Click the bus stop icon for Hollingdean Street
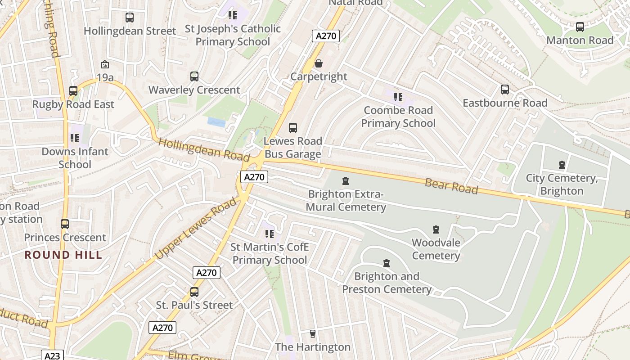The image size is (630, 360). [130, 18]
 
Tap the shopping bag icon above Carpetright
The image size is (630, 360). [319, 63]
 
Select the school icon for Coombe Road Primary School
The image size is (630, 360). [398, 97]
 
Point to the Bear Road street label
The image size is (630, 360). [451, 186]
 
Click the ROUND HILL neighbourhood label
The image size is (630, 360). [63, 255]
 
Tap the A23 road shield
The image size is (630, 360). [52, 355]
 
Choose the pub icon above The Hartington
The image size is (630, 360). [313, 334]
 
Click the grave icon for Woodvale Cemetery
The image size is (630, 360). [436, 229]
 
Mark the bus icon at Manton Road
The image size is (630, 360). [580, 27]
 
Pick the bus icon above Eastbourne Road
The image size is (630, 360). [505, 90]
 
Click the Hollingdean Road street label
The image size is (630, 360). [204, 150]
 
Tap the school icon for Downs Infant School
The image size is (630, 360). [75, 138]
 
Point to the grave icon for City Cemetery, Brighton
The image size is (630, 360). [562, 165]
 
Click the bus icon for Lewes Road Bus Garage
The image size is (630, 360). [293, 128]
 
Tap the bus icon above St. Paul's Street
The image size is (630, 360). [194, 292]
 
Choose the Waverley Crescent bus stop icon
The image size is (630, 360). [194, 76]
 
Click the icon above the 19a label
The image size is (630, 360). [105, 64]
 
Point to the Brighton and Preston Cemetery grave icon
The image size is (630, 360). [386, 263]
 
